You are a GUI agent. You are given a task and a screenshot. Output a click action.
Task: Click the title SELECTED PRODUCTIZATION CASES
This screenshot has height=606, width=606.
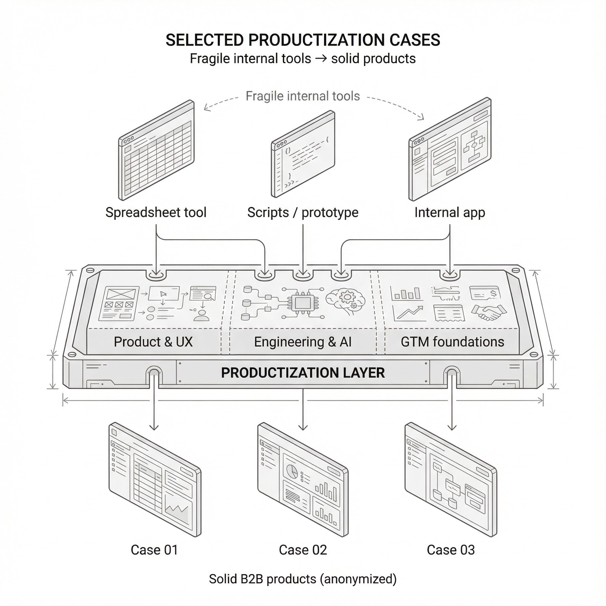coord(303,40)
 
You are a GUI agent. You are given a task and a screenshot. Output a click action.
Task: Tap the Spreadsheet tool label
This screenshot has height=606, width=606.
coord(156,212)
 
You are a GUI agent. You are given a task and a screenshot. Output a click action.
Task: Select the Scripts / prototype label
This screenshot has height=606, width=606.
coord(303,212)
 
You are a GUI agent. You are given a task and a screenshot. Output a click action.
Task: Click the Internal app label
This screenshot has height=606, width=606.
coord(449,212)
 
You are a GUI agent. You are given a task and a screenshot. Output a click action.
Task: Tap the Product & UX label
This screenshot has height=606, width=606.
coord(153,341)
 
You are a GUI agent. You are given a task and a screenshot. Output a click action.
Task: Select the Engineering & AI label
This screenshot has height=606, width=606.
coord(303,341)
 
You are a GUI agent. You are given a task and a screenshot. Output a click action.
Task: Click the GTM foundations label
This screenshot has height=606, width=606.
coord(452,341)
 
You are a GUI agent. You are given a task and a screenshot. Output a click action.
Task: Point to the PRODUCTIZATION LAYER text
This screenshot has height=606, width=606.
coord(303,373)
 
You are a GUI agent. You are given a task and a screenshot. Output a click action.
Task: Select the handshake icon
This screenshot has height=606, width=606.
coord(489,312)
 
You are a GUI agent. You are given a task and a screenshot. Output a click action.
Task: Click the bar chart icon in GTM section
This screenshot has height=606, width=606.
coord(405,293)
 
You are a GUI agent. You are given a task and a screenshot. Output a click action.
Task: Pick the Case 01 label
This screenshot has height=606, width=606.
coord(154,550)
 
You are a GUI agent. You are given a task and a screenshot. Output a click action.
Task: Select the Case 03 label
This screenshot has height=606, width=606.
coord(451,550)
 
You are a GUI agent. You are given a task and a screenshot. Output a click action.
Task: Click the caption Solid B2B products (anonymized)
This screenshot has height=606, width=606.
coord(303,579)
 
